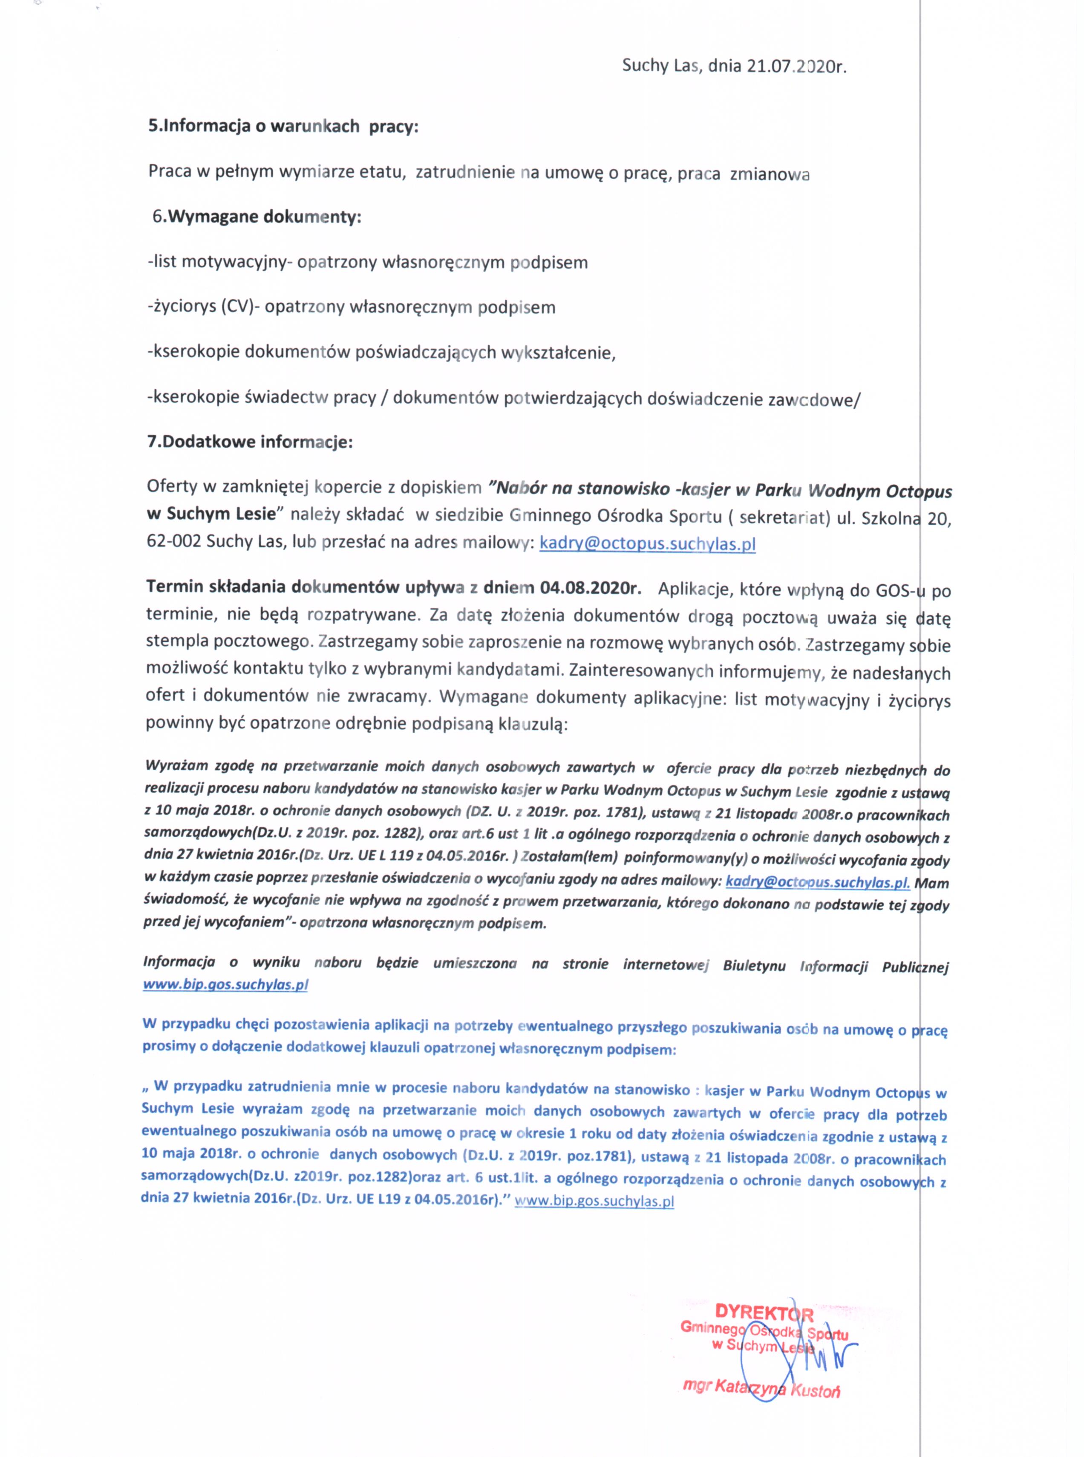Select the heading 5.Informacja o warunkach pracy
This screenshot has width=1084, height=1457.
click(x=283, y=126)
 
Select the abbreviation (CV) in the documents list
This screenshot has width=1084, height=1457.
click(x=237, y=307)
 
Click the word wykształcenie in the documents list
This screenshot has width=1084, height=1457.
click(x=558, y=353)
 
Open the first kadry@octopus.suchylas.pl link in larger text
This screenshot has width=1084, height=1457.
click(x=647, y=544)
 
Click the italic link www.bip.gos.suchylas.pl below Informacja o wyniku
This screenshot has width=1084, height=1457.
click(x=225, y=984)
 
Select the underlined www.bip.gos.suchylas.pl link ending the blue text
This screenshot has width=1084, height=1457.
click(x=594, y=1202)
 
